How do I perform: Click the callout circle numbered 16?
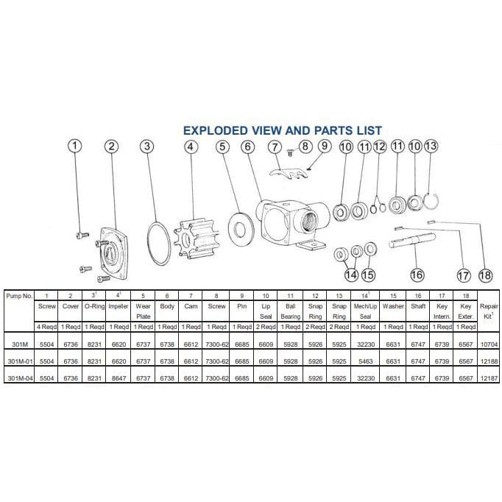417,275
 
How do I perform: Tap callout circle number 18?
484,275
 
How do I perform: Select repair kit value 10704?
488,344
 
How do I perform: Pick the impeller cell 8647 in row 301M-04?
119,378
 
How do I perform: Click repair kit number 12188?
488,361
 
